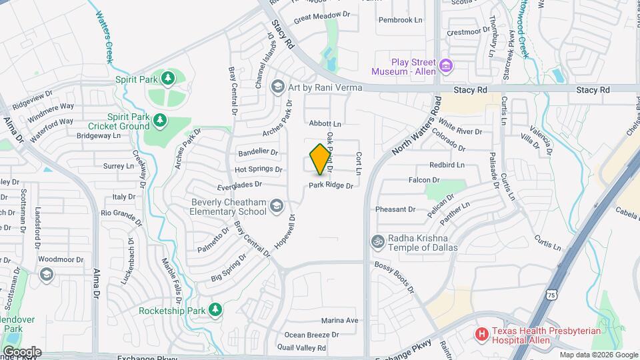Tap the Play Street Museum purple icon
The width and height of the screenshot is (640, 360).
tap(446, 66)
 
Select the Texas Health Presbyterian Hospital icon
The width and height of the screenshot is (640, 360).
tap(480, 333)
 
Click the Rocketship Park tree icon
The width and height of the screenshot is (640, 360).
tap(215, 309)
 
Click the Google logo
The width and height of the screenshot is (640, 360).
tap(22, 351)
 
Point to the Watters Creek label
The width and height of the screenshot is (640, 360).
tap(104, 37)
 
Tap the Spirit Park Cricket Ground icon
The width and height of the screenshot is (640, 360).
tap(159, 120)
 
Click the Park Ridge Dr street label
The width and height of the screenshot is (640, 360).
tap(331, 185)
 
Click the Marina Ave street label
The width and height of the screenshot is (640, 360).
tap(339, 321)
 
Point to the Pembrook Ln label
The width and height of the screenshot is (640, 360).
tap(400, 20)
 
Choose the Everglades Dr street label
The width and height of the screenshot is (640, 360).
tap(239, 185)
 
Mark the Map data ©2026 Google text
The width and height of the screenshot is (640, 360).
tap(596, 355)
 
